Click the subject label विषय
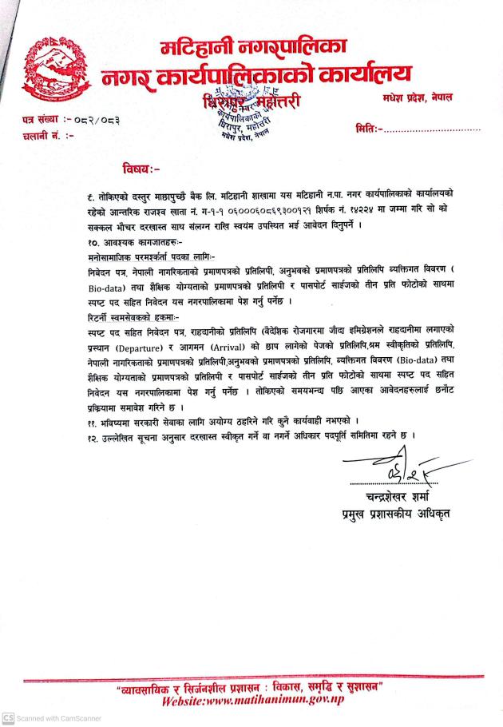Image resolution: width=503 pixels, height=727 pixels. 141,169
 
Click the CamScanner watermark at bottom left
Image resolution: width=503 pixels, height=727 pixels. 53,718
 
